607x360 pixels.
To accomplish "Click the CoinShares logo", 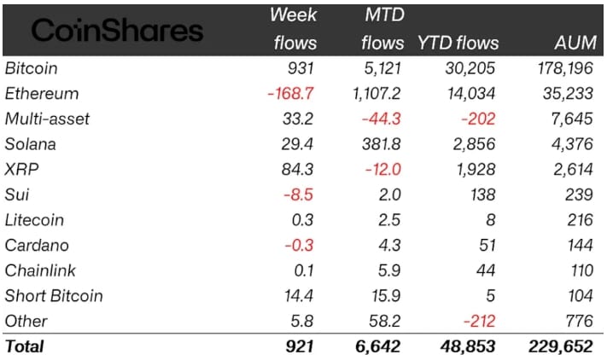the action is pyautogui.click(x=117, y=31).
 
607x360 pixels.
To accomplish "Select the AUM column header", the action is pyautogui.click(x=575, y=43).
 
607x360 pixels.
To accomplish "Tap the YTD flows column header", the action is pyautogui.click(x=458, y=43).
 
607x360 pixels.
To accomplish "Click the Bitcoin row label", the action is pyautogui.click(x=32, y=68).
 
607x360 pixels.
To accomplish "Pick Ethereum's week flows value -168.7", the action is pyautogui.click(x=290, y=94).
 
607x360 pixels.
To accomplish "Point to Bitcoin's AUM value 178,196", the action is pyautogui.click(x=565, y=68).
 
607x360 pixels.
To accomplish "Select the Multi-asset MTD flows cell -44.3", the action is pyautogui.click(x=381, y=119).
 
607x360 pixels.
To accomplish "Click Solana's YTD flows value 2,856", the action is pyautogui.click(x=474, y=144).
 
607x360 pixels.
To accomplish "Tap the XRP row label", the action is pyautogui.click(x=21, y=170).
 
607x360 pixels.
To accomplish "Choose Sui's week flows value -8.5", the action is pyautogui.click(x=298, y=195).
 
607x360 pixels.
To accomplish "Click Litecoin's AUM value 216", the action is pyautogui.click(x=580, y=220).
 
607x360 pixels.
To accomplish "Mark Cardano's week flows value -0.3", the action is pyautogui.click(x=299, y=245).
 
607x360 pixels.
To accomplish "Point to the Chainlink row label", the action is pyautogui.click(x=40, y=270).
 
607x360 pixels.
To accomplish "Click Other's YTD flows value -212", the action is pyautogui.click(x=479, y=321).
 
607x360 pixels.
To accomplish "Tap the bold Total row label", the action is pyautogui.click(x=25, y=346).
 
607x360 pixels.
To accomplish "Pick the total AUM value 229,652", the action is pyautogui.click(x=561, y=346).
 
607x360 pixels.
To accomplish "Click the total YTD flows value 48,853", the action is pyautogui.click(x=468, y=346).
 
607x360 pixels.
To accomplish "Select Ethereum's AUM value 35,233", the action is pyautogui.click(x=568, y=94).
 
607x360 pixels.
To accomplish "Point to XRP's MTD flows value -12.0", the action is pyautogui.click(x=382, y=170).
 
